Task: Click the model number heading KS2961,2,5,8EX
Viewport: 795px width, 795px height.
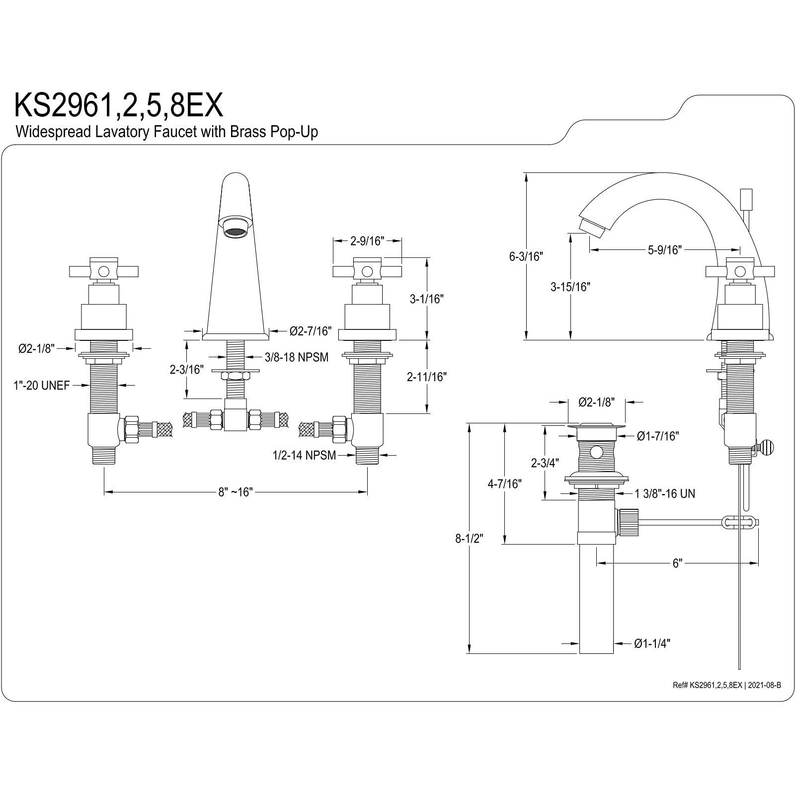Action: point(118,105)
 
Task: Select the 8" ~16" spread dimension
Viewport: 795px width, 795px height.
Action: point(236,492)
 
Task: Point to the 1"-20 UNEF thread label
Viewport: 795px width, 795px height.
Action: point(41,386)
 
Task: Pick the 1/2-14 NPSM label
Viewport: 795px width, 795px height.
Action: point(304,455)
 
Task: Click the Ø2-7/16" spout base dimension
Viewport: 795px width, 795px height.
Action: point(311,331)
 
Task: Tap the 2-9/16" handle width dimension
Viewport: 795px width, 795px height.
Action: point(368,241)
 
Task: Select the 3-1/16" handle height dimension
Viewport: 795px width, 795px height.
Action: point(426,299)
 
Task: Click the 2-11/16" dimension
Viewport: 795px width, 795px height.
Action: point(426,377)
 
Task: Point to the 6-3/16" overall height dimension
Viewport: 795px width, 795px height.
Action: point(526,256)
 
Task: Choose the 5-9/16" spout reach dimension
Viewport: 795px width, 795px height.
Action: point(663,250)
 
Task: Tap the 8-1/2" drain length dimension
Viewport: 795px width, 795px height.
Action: point(469,538)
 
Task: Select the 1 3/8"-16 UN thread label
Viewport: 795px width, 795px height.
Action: point(665,493)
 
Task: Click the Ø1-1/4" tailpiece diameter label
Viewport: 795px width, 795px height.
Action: point(652,643)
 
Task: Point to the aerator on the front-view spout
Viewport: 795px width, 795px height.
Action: point(235,231)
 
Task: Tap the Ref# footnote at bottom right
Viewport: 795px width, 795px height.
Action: point(726,685)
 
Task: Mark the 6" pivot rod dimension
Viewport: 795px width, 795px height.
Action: point(677,563)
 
